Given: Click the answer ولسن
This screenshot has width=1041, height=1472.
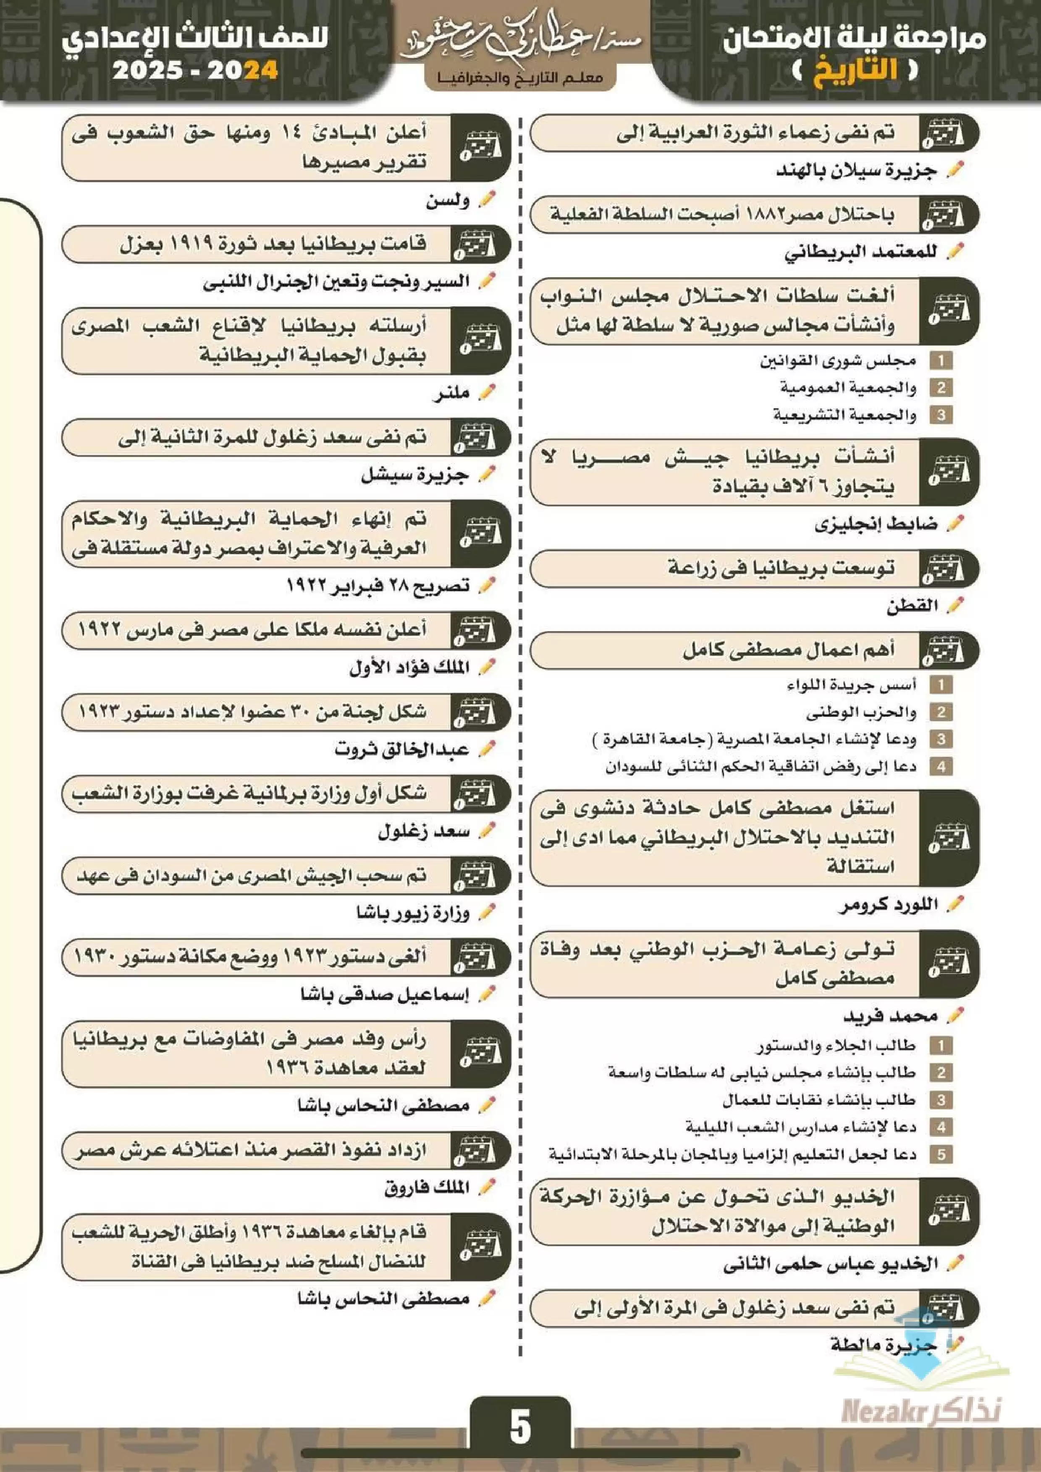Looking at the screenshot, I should click(x=447, y=201).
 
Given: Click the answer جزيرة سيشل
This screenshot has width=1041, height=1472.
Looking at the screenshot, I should click(x=414, y=475).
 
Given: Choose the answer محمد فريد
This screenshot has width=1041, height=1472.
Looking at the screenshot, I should click(x=890, y=1015).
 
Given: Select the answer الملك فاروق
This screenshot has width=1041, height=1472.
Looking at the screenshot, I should click(x=427, y=1188).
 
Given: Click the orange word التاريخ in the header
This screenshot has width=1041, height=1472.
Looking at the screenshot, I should click(x=855, y=70).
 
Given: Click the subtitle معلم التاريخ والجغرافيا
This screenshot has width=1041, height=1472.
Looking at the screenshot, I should click(x=520, y=78).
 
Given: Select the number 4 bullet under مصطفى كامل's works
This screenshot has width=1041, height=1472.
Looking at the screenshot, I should click(x=941, y=766).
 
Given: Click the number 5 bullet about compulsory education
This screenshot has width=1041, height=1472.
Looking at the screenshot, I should click(x=941, y=1154).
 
